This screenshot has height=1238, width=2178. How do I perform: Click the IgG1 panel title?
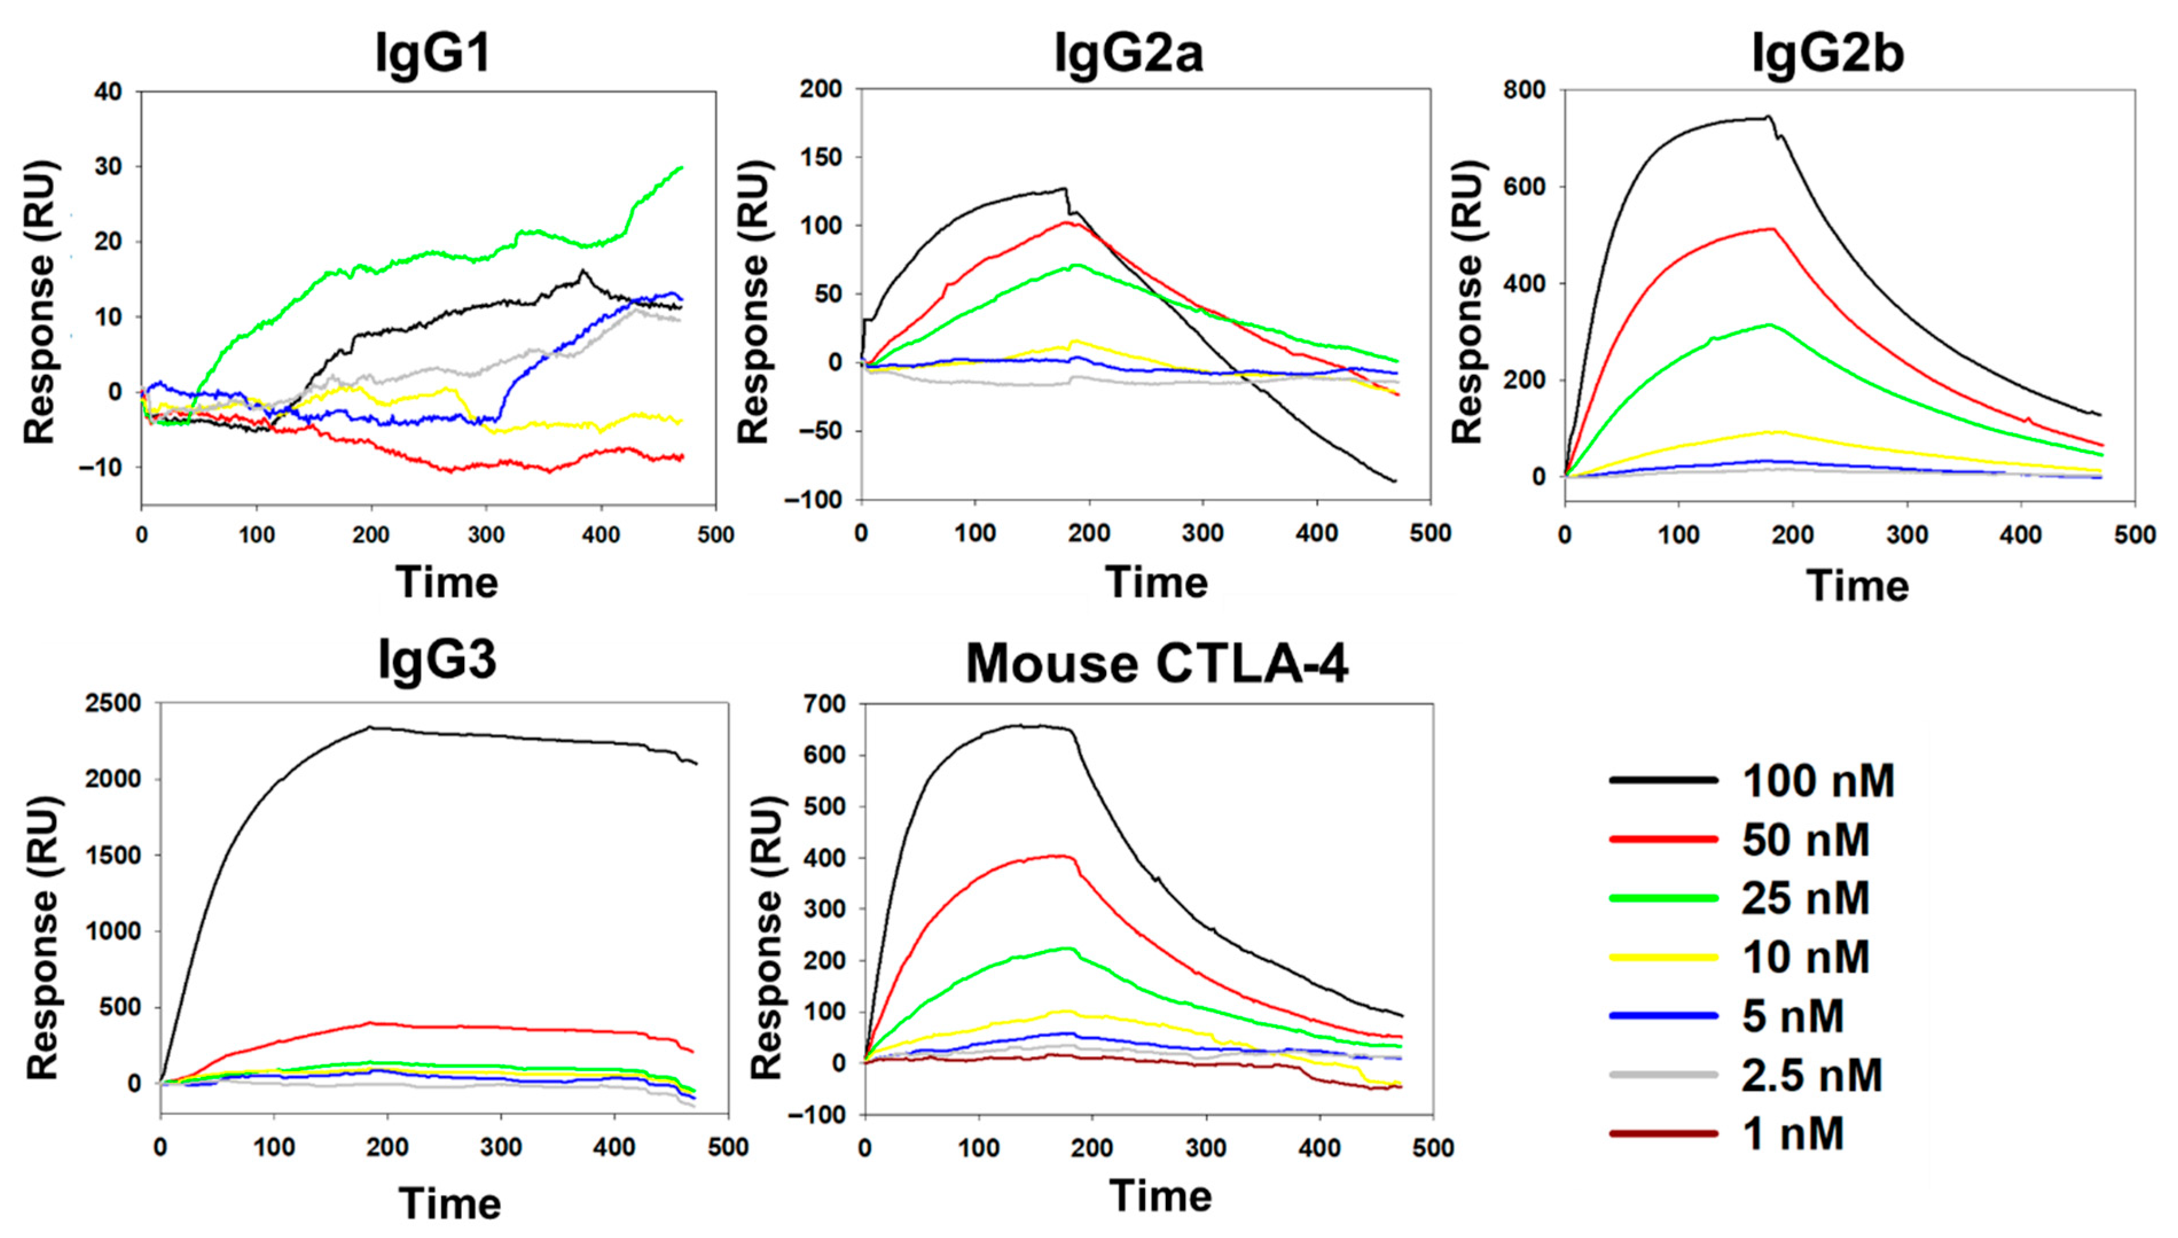point(433,53)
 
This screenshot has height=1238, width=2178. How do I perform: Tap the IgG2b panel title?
point(1828,53)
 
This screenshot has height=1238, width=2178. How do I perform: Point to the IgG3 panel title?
point(437,661)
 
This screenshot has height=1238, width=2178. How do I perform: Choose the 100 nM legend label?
point(1817,781)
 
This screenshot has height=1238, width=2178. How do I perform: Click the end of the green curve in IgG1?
point(682,167)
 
